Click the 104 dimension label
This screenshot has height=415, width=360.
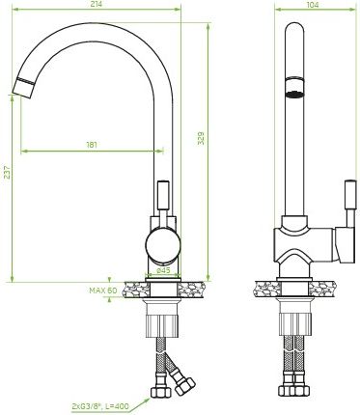coord(313,5)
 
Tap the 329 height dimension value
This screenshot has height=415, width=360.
coord(201,138)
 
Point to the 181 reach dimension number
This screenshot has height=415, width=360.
coord(92,145)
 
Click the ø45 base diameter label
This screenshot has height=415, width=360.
coord(163,270)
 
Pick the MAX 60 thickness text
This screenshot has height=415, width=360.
coord(103,290)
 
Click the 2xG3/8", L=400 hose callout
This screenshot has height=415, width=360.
coord(99,406)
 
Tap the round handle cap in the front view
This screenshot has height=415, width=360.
coord(163,244)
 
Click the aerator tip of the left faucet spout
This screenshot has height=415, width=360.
coord(24,87)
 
